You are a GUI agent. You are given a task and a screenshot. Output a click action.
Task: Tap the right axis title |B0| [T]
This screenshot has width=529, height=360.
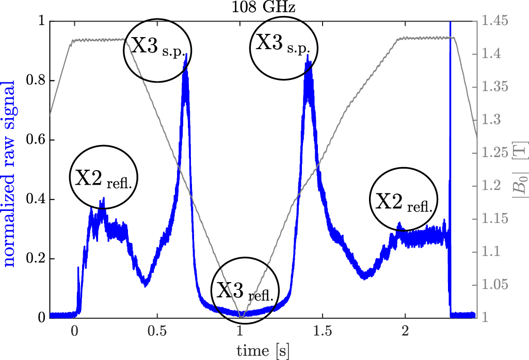[x=518, y=171]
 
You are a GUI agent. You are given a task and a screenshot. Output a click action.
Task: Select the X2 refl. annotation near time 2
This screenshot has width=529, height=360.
[x=404, y=200]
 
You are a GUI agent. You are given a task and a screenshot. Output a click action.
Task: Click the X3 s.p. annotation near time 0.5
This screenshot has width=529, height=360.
[x=158, y=49]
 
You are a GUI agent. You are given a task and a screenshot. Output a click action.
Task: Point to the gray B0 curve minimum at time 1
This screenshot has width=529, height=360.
[x=241, y=316]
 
